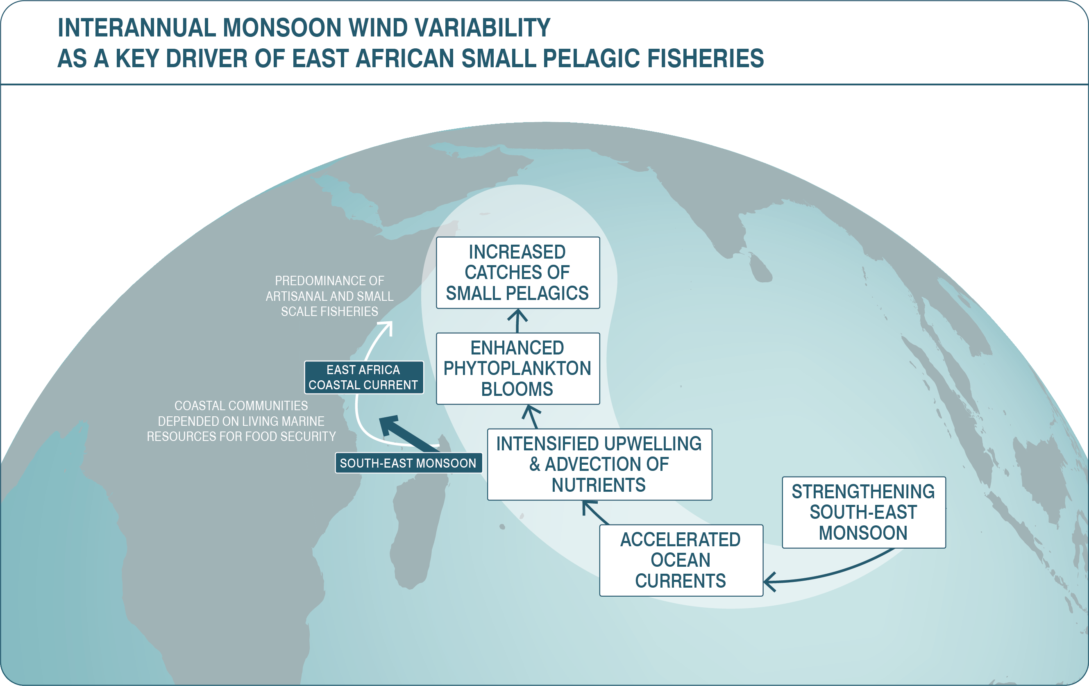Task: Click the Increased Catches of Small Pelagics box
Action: (518, 273)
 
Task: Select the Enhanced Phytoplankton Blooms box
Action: (518, 368)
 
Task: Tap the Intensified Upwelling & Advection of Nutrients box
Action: (599, 464)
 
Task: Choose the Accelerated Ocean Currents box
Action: (681, 560)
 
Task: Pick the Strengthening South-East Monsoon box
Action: (864, 512)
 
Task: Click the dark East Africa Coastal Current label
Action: (363, 377)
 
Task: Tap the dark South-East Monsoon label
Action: (408, 463)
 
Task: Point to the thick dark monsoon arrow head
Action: (388, 425)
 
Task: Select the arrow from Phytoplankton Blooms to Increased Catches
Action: (518, 320)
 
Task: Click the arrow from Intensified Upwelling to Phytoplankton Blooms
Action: (532, 416)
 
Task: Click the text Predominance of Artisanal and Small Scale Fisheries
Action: (330, 296)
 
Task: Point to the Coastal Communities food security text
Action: (241, 421)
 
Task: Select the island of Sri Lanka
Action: (760, 268)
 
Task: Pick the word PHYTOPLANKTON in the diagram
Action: (517, 368)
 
